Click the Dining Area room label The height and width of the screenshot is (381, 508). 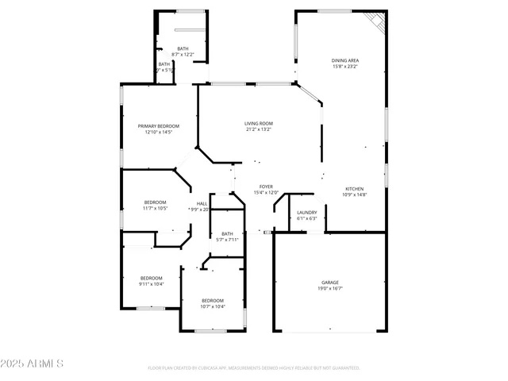(x=345, y=60)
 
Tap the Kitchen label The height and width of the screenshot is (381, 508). (x=354, y=189)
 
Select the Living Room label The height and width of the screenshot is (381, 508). (x=259, y=123)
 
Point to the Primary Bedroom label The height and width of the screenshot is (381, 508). (x=159, y=126)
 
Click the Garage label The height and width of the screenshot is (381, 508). (x=330, y=283)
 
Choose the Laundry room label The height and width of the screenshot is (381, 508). (x=307, y=212)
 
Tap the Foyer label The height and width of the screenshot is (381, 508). (x=266, y=187)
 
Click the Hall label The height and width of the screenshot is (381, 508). (x=202, y=203)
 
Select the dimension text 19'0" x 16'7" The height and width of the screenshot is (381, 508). (x=330, y=289)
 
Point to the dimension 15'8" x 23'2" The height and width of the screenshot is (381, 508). (x=345, y=67)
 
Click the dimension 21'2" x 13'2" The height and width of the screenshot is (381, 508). (x=259, y=129)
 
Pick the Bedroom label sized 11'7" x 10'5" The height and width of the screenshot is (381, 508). (x=155, y=202)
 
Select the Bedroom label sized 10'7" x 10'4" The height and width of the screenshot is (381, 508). (x=213, y=300)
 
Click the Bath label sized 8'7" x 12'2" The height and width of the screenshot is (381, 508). (x=183, y=48)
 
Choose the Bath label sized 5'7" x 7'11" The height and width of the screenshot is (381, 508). (x=228, y=233)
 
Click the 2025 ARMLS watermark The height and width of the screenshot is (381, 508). (x=33, y=364)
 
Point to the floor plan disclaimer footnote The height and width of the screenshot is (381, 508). (x=254, y=368)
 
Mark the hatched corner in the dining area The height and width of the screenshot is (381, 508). (x=375, y=21)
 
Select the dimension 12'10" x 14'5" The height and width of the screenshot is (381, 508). (x=159, y=133)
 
